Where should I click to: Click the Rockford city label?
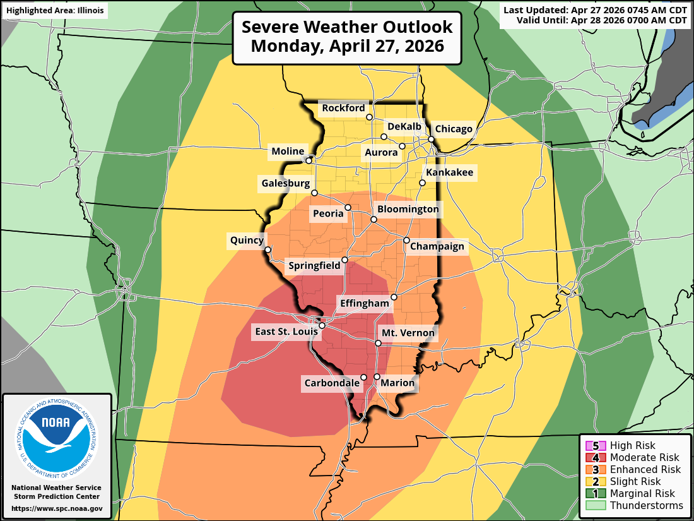tap(343, 108)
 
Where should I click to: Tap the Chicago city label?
tap(454, 129)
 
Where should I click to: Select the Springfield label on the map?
tap(314, 266)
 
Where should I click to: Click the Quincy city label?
tap(246, 240)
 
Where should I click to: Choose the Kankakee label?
tap(449, 172)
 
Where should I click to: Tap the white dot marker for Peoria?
tap(348, 206)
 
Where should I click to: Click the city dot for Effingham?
tap(394, 297)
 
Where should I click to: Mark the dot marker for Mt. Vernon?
tap(378, 343)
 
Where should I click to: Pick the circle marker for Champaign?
tap(406, 240)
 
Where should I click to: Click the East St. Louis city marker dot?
tap(322, 326)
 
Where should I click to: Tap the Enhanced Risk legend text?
tap(645, 469)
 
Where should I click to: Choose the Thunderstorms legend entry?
tap(646, 505)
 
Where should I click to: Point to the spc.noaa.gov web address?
tap(57, 508)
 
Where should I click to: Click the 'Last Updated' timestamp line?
tap(595, 9)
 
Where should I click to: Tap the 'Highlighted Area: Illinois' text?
tap(55, 11)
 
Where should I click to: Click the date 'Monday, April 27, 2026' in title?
tap(347, 46)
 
